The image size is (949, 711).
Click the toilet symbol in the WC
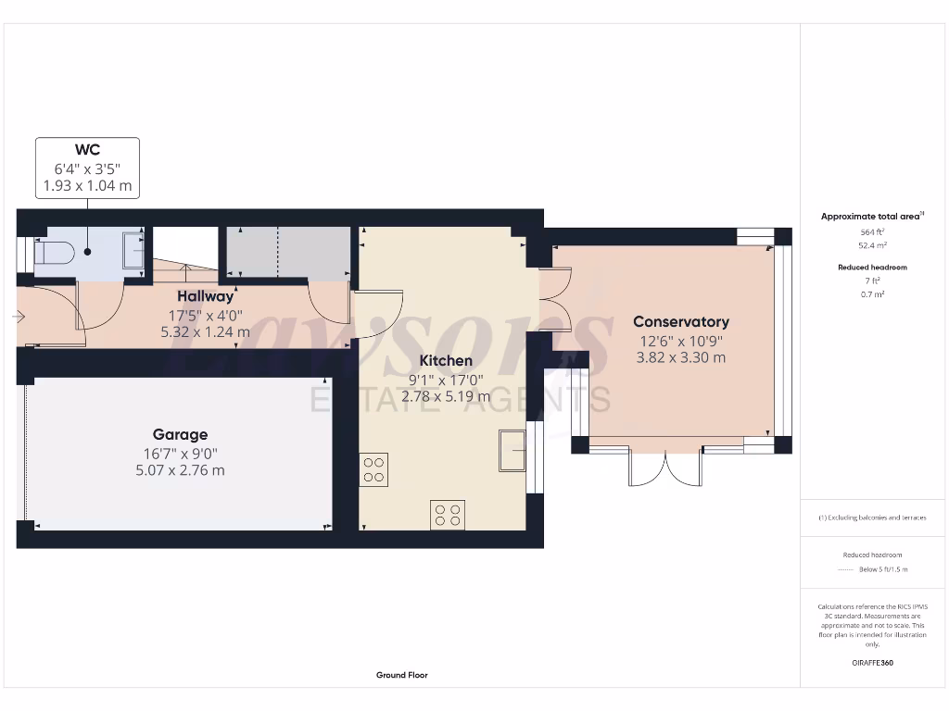54,252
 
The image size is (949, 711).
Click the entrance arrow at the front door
18,317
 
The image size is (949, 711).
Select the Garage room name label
180,434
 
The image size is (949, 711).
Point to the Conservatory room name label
680,322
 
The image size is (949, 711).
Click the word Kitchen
446,360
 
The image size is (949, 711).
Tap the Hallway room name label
206,296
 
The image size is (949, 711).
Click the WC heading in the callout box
87,150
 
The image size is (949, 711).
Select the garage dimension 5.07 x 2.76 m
180,470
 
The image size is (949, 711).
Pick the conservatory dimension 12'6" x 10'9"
680,340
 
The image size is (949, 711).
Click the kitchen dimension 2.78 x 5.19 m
446,396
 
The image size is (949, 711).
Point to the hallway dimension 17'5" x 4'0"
206,314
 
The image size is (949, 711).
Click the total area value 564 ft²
870,232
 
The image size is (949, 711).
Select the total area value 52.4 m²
870,245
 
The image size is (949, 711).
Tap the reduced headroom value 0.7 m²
870,293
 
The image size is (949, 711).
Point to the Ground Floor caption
402,675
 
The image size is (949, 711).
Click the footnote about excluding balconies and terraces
871,518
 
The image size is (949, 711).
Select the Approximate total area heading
870,216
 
